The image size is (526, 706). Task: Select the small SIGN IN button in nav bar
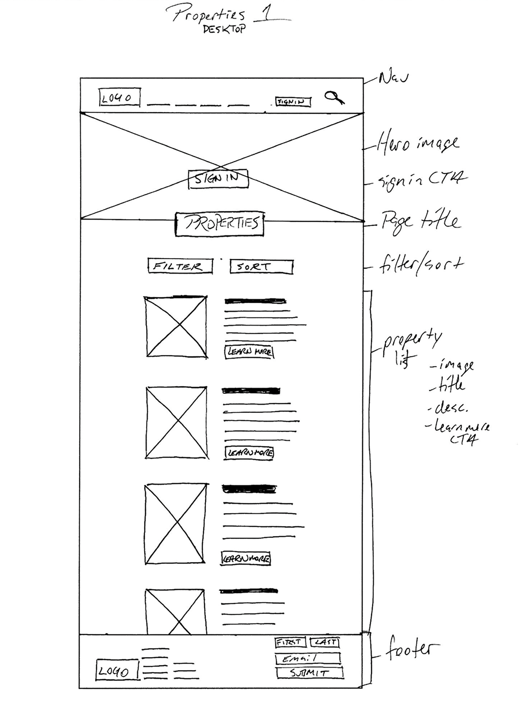click(x=293, y=102)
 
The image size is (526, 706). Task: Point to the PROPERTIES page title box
click(x=220, y=224)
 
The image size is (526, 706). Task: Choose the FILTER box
click(x=180, y=266)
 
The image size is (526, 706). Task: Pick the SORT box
click(x=261, y=267)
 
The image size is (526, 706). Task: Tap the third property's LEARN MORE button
click(x=246, y=558)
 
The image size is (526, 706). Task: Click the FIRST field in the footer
click(x=290, y=642)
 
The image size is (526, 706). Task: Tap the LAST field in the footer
click(x=324, y=642)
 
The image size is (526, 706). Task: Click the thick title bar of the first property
click(x=255, y=301)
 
